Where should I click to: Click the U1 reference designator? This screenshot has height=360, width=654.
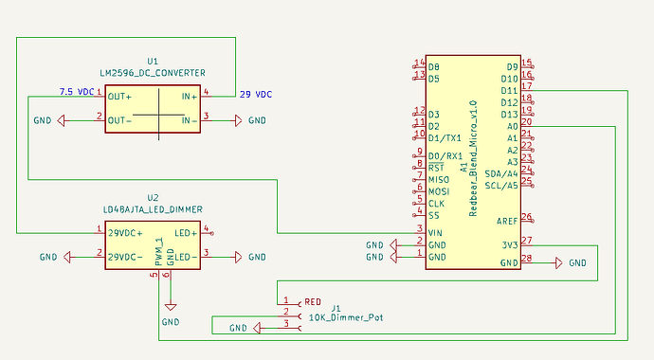[154, 60]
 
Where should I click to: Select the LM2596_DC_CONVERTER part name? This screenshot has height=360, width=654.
[154, 72]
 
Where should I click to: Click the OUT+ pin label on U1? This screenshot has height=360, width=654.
[120, 96]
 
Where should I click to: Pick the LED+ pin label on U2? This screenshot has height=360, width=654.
[186, 232]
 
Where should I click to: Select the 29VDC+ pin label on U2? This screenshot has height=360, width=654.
[125, 232]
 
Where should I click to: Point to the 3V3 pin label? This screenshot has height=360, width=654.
[509, 244]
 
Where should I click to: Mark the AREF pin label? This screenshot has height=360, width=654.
[507, 221]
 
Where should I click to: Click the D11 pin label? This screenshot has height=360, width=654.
[510, 90]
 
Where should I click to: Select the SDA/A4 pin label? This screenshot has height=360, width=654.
[501, 173]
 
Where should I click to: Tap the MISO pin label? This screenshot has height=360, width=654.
[439, 179]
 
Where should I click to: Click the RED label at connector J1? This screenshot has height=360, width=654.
[313, 302]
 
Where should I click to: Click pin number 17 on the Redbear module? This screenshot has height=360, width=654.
[526, 86]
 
